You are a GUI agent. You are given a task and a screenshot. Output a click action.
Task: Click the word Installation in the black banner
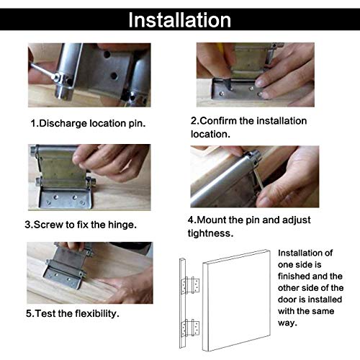point(179,19)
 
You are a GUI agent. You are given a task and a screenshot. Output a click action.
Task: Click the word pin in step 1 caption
point(136,123)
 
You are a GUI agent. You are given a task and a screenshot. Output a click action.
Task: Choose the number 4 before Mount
point(191,220)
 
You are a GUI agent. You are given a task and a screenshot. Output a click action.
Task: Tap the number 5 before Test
point(27,314)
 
